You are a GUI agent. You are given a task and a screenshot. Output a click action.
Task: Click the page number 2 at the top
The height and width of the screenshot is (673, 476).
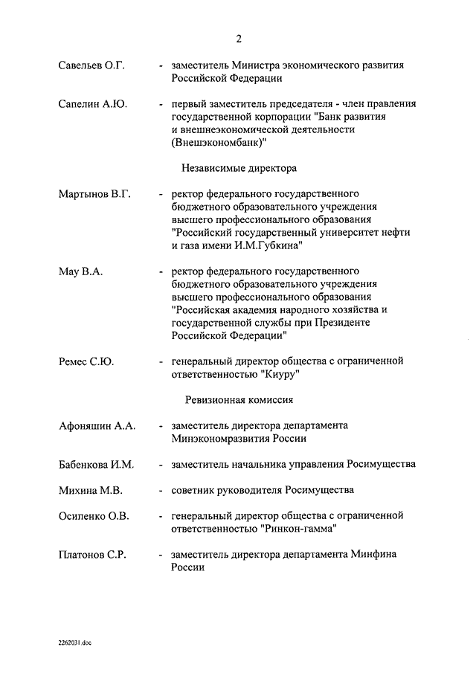click(x=238, y=39)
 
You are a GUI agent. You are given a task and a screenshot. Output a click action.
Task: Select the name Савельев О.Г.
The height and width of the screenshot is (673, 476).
click(x=91, y=65)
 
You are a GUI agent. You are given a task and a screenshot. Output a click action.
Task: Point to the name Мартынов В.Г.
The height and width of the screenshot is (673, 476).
click(x=94, y=195)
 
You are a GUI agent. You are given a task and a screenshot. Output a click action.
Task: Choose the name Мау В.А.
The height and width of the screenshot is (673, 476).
click(x=80, y=271)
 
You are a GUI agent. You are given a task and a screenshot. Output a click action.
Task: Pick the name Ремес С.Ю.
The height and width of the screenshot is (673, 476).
click(x=86, y=361)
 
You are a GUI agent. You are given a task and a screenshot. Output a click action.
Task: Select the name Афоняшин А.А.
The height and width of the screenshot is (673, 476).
click(x=97, y=426)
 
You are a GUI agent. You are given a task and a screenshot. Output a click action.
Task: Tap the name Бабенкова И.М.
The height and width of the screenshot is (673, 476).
click(x=97, y=464)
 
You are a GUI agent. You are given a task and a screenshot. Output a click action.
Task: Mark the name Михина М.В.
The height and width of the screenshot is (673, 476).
click(x=90, y=490)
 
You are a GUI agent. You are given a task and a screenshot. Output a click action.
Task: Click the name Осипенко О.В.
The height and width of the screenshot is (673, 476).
click(x=94, y=515)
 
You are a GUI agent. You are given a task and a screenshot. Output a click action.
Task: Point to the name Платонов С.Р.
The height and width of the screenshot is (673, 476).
click(x=94, y=554)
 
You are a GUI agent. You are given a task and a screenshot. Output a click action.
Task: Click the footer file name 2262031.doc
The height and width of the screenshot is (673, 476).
click(x=77, y=641)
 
